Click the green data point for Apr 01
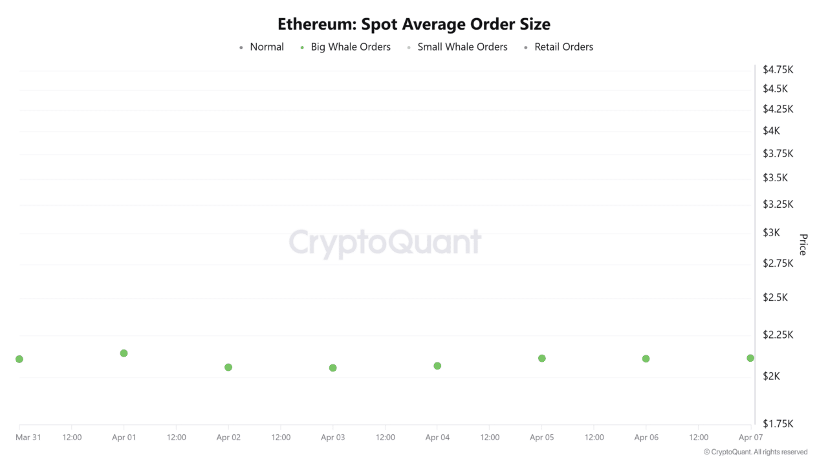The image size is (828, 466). coord(124,353)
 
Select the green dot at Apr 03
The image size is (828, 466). coord(332,368)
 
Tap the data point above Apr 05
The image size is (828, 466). coord(542,359)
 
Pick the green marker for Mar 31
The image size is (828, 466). coord(19,359)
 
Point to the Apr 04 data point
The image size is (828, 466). coord(437,366)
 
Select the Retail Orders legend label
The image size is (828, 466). coord(563,47)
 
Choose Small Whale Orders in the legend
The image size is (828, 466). coord(463,47)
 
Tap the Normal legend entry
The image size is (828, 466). coord(267,47)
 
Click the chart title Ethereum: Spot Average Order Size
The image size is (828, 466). coord(414,24)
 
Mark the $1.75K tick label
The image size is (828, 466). coord(778,423)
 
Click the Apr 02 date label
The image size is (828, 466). coord(228,438)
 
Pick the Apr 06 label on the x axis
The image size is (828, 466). coord(646,438)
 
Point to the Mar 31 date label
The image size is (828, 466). coord(28,438)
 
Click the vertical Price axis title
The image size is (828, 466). coord(803,245)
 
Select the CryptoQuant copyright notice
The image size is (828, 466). coord(755,452)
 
